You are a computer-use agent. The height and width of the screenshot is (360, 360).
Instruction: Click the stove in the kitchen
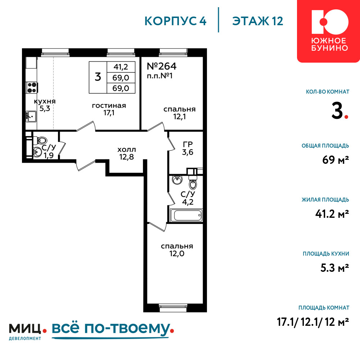[32, 87]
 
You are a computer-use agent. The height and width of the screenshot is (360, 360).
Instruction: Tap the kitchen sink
[31, 116]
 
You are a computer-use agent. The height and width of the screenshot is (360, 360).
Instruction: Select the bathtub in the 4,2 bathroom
[186, 215]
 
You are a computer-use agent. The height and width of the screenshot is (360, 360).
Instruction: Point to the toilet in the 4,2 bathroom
[193, 182]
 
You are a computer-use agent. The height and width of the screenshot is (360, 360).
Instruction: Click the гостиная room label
[109, 106]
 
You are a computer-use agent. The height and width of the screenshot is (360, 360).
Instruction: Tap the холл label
[126, 150]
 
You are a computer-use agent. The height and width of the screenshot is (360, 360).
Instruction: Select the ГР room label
[188, 144]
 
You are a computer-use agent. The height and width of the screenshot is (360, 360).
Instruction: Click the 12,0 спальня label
[177, 250]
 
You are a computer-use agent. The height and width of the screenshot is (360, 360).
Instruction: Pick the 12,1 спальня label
[180, 113]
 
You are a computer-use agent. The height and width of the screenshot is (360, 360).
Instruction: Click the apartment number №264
[162, 66]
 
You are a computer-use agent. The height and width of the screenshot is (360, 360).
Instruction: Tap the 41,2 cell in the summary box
[121, 67]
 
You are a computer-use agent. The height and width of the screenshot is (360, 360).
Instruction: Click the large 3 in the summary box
[98, 77]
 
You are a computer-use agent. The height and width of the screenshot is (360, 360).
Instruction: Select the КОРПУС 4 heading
[175, 21]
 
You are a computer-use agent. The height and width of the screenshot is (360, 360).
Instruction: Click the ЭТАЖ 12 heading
[258, 21]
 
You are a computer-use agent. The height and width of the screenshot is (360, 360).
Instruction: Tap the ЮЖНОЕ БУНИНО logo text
[330, 44]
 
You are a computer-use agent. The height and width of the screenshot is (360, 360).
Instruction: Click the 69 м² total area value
[336, 160]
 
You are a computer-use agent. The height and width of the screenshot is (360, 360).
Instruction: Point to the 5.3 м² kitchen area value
[335, 268]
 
